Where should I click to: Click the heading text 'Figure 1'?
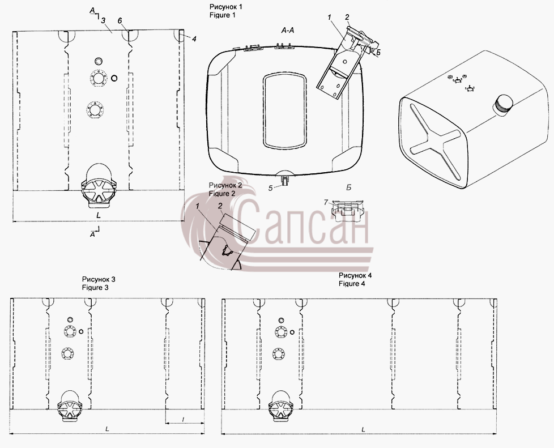click(x=222, y=15)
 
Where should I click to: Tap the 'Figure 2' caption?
click(x=221, y=194)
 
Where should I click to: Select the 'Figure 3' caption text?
click(x=95, y=287)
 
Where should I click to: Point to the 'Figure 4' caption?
click(x=352, y=283)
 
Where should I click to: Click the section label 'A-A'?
click(x=288, y=31)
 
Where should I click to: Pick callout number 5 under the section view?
click(x=270, y=188)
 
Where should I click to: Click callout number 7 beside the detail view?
click(x=326, y=202)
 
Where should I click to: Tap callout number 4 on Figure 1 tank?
click(x=194, y=39)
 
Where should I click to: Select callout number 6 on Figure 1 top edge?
click(x=120, y=21)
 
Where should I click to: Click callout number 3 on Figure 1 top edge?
click(x=103, y=21)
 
